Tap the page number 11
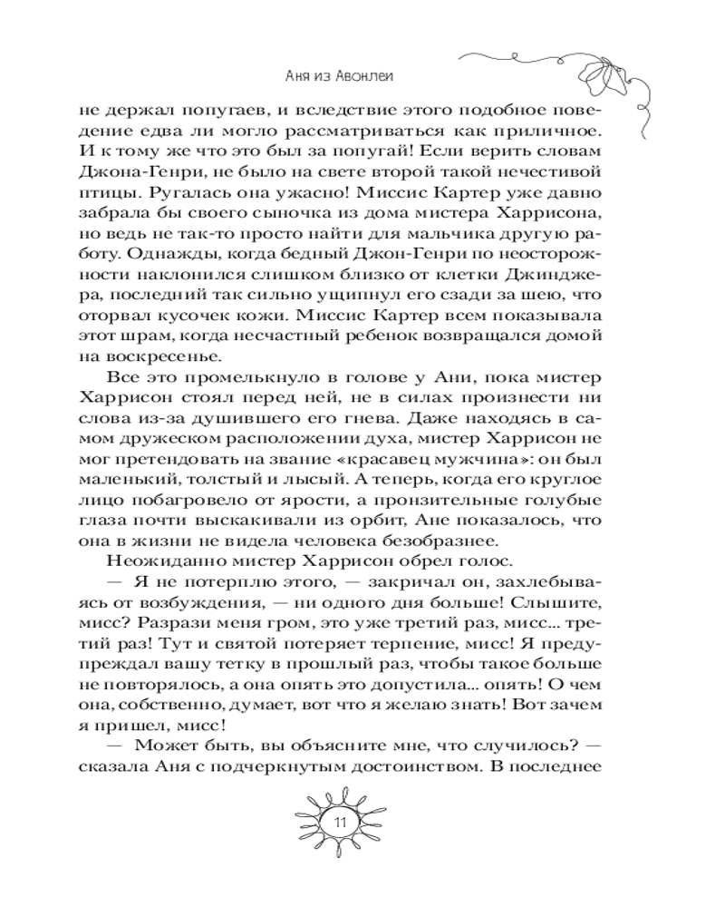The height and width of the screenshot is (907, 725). (342, 823)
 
